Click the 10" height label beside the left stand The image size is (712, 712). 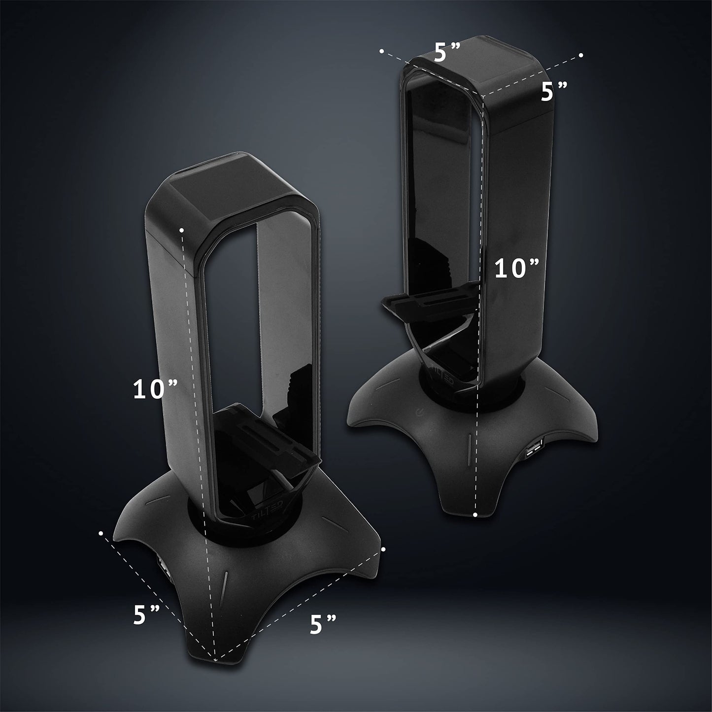pyautogui.click(x=155, y=390)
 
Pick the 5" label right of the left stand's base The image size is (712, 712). pyautogui.click(x=323, y=624)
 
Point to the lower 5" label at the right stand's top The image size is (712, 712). pyautogui.click(x=554, y=92)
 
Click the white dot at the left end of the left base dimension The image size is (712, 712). pyautogui.click(x=101, y=533)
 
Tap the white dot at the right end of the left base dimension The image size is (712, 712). pyautogui.click(x=383, y=548)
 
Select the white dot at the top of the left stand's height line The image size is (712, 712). pyautogui.click(x=182, y=230)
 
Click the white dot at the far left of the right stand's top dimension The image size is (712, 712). pyautogui.click(x=381, y=51)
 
